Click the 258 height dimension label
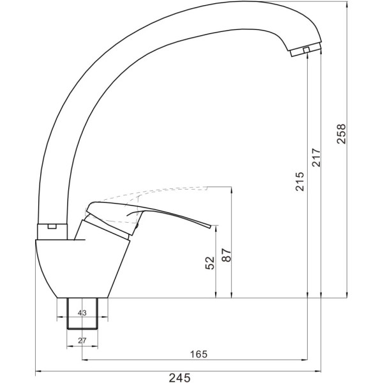tap(342, 134)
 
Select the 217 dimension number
tap(316, 157)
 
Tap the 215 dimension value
tap(300, 181)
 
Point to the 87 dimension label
tap(227, 255)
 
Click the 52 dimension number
tap(210, 263)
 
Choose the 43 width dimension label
tap(82, 313)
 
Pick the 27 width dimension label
tap(82, 340)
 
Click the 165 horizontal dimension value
tap(199, 354)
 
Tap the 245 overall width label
tap(179, 378)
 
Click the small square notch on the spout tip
tap(306, 50)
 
